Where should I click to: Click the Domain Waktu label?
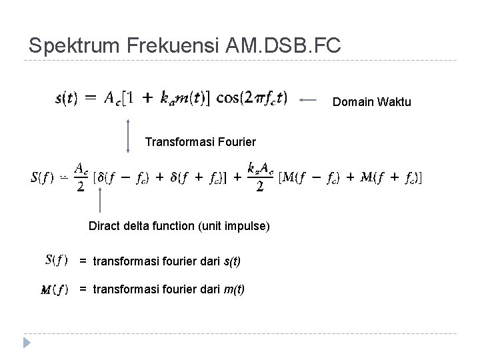(371, 102)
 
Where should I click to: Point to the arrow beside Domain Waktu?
(312, 99)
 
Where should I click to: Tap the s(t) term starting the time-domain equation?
(65, 99)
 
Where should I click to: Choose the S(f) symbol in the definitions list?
(57, 259)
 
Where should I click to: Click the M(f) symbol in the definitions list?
(55, 289)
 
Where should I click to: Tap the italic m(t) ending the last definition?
(235, 289)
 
